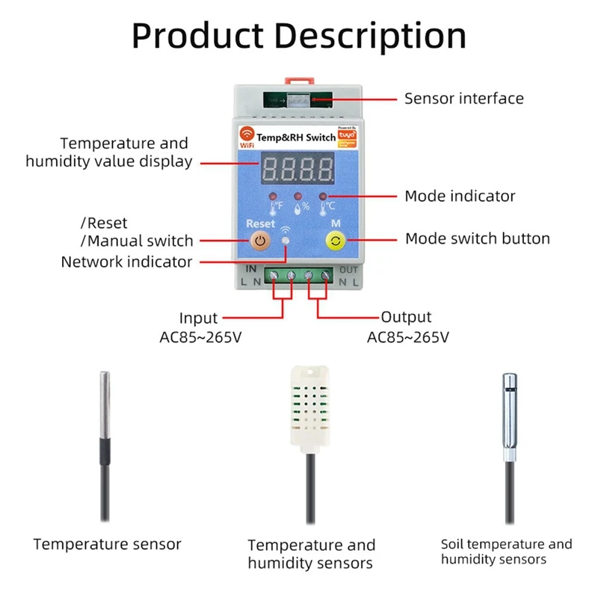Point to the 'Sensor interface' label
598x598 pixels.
463,98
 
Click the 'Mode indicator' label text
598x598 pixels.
460,196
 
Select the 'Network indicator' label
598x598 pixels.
126,262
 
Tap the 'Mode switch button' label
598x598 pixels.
477,238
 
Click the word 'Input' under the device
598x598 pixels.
198,318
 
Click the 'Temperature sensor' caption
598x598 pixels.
107,544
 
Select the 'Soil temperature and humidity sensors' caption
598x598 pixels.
506,552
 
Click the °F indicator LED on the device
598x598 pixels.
273,196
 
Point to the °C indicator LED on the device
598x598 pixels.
323,197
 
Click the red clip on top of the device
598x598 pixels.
298,78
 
